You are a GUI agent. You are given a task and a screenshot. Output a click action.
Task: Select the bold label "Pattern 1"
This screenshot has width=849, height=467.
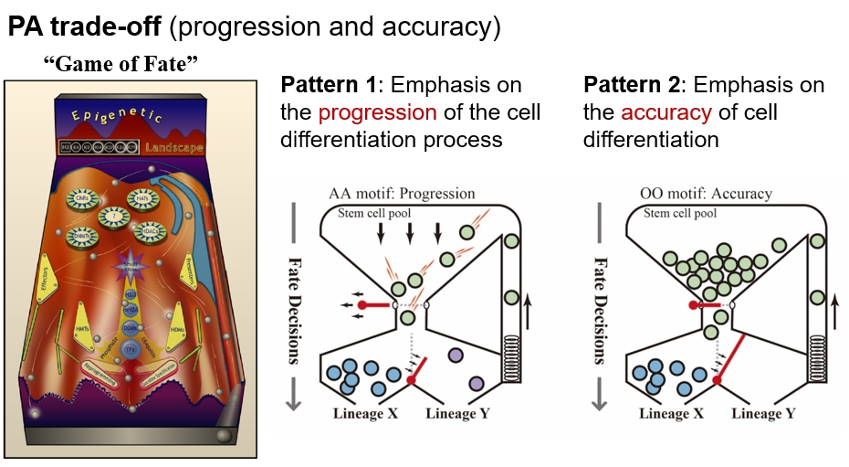[x=328, y=86]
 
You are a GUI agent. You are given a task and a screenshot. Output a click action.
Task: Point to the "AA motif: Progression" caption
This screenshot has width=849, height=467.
[x=403, y=194]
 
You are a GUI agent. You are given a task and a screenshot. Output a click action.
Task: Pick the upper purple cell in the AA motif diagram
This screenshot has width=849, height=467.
[x=455, y=355]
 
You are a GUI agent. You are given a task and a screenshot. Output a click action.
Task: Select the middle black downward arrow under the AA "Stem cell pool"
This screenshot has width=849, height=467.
[x=410, y=232]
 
